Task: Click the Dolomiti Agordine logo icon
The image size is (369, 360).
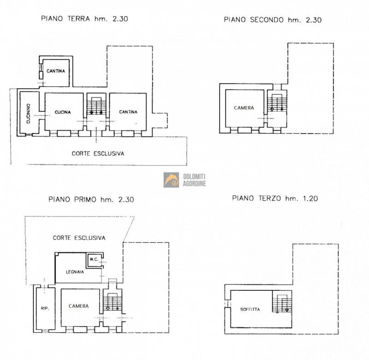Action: point(171,180)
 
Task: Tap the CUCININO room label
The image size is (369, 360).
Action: point(28,114)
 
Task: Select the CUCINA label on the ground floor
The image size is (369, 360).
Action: point(63,112)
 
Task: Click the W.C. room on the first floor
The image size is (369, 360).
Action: point(94,259)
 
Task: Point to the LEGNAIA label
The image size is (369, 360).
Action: point(75,272)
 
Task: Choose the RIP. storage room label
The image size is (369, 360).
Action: point(45,308)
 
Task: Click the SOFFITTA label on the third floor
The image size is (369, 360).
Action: point(250,309)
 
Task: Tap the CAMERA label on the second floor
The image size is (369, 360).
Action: point(244,108)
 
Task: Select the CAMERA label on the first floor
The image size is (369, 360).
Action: point(78,306)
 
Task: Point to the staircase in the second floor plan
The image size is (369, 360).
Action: point(277,102)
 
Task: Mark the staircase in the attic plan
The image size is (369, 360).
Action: point(282,303)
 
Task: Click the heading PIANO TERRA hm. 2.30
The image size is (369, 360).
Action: point(84,18)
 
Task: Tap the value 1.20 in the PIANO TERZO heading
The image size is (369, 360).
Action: point(310,198)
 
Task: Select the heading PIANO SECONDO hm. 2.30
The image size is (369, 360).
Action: point(273,20)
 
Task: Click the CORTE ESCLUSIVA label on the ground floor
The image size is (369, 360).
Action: point(98,154)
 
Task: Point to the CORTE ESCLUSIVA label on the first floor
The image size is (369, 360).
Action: point(79,238)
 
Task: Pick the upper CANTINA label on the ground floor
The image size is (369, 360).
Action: point(56,71)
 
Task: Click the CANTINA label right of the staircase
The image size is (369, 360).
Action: point(128,112)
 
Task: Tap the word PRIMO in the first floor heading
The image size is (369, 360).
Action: point(85,199)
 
